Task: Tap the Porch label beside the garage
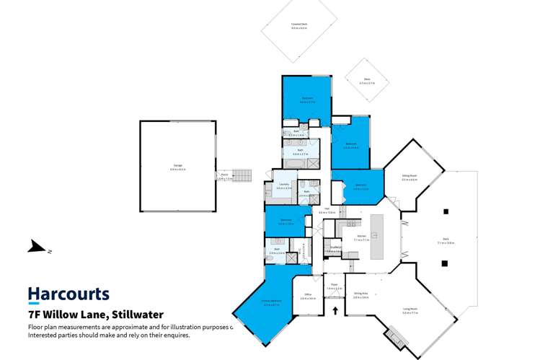point(224,176)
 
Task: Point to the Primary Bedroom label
point(271,304)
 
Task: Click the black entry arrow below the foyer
point(335,311)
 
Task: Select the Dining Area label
point(361,295)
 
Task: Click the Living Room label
point(410,311)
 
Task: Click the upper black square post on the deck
point(446,211)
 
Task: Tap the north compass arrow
point(37,247)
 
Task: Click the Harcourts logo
point(68,294)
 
